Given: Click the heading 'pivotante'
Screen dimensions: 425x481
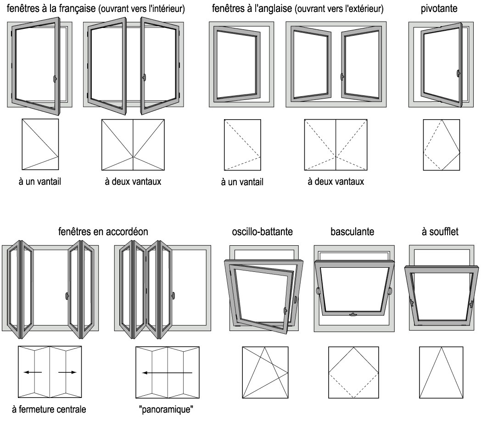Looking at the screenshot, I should (x=439, y=9).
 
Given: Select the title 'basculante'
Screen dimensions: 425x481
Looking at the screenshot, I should (x=352, y=232).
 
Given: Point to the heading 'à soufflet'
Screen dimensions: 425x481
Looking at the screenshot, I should (x=441, y=232).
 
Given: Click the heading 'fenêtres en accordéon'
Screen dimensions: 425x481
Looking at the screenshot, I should (x=103, y=232).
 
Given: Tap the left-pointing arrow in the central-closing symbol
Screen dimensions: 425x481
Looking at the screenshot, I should (x=33, y=372).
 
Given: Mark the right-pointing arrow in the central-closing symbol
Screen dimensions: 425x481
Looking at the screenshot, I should (x=67, y=372).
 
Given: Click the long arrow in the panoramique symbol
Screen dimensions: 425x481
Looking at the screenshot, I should (x=167, y=373).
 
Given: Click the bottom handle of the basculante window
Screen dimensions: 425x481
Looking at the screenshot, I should (x=352, y=314).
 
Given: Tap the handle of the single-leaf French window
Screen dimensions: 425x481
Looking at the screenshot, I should (x=55, y=79).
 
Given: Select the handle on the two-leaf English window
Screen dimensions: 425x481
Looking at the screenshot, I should (x=341, y=74).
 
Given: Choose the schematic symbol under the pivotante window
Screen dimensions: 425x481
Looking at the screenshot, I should (x=441, y=145).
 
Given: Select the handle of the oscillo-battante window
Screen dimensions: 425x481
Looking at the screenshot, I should (x=286, y=310).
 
